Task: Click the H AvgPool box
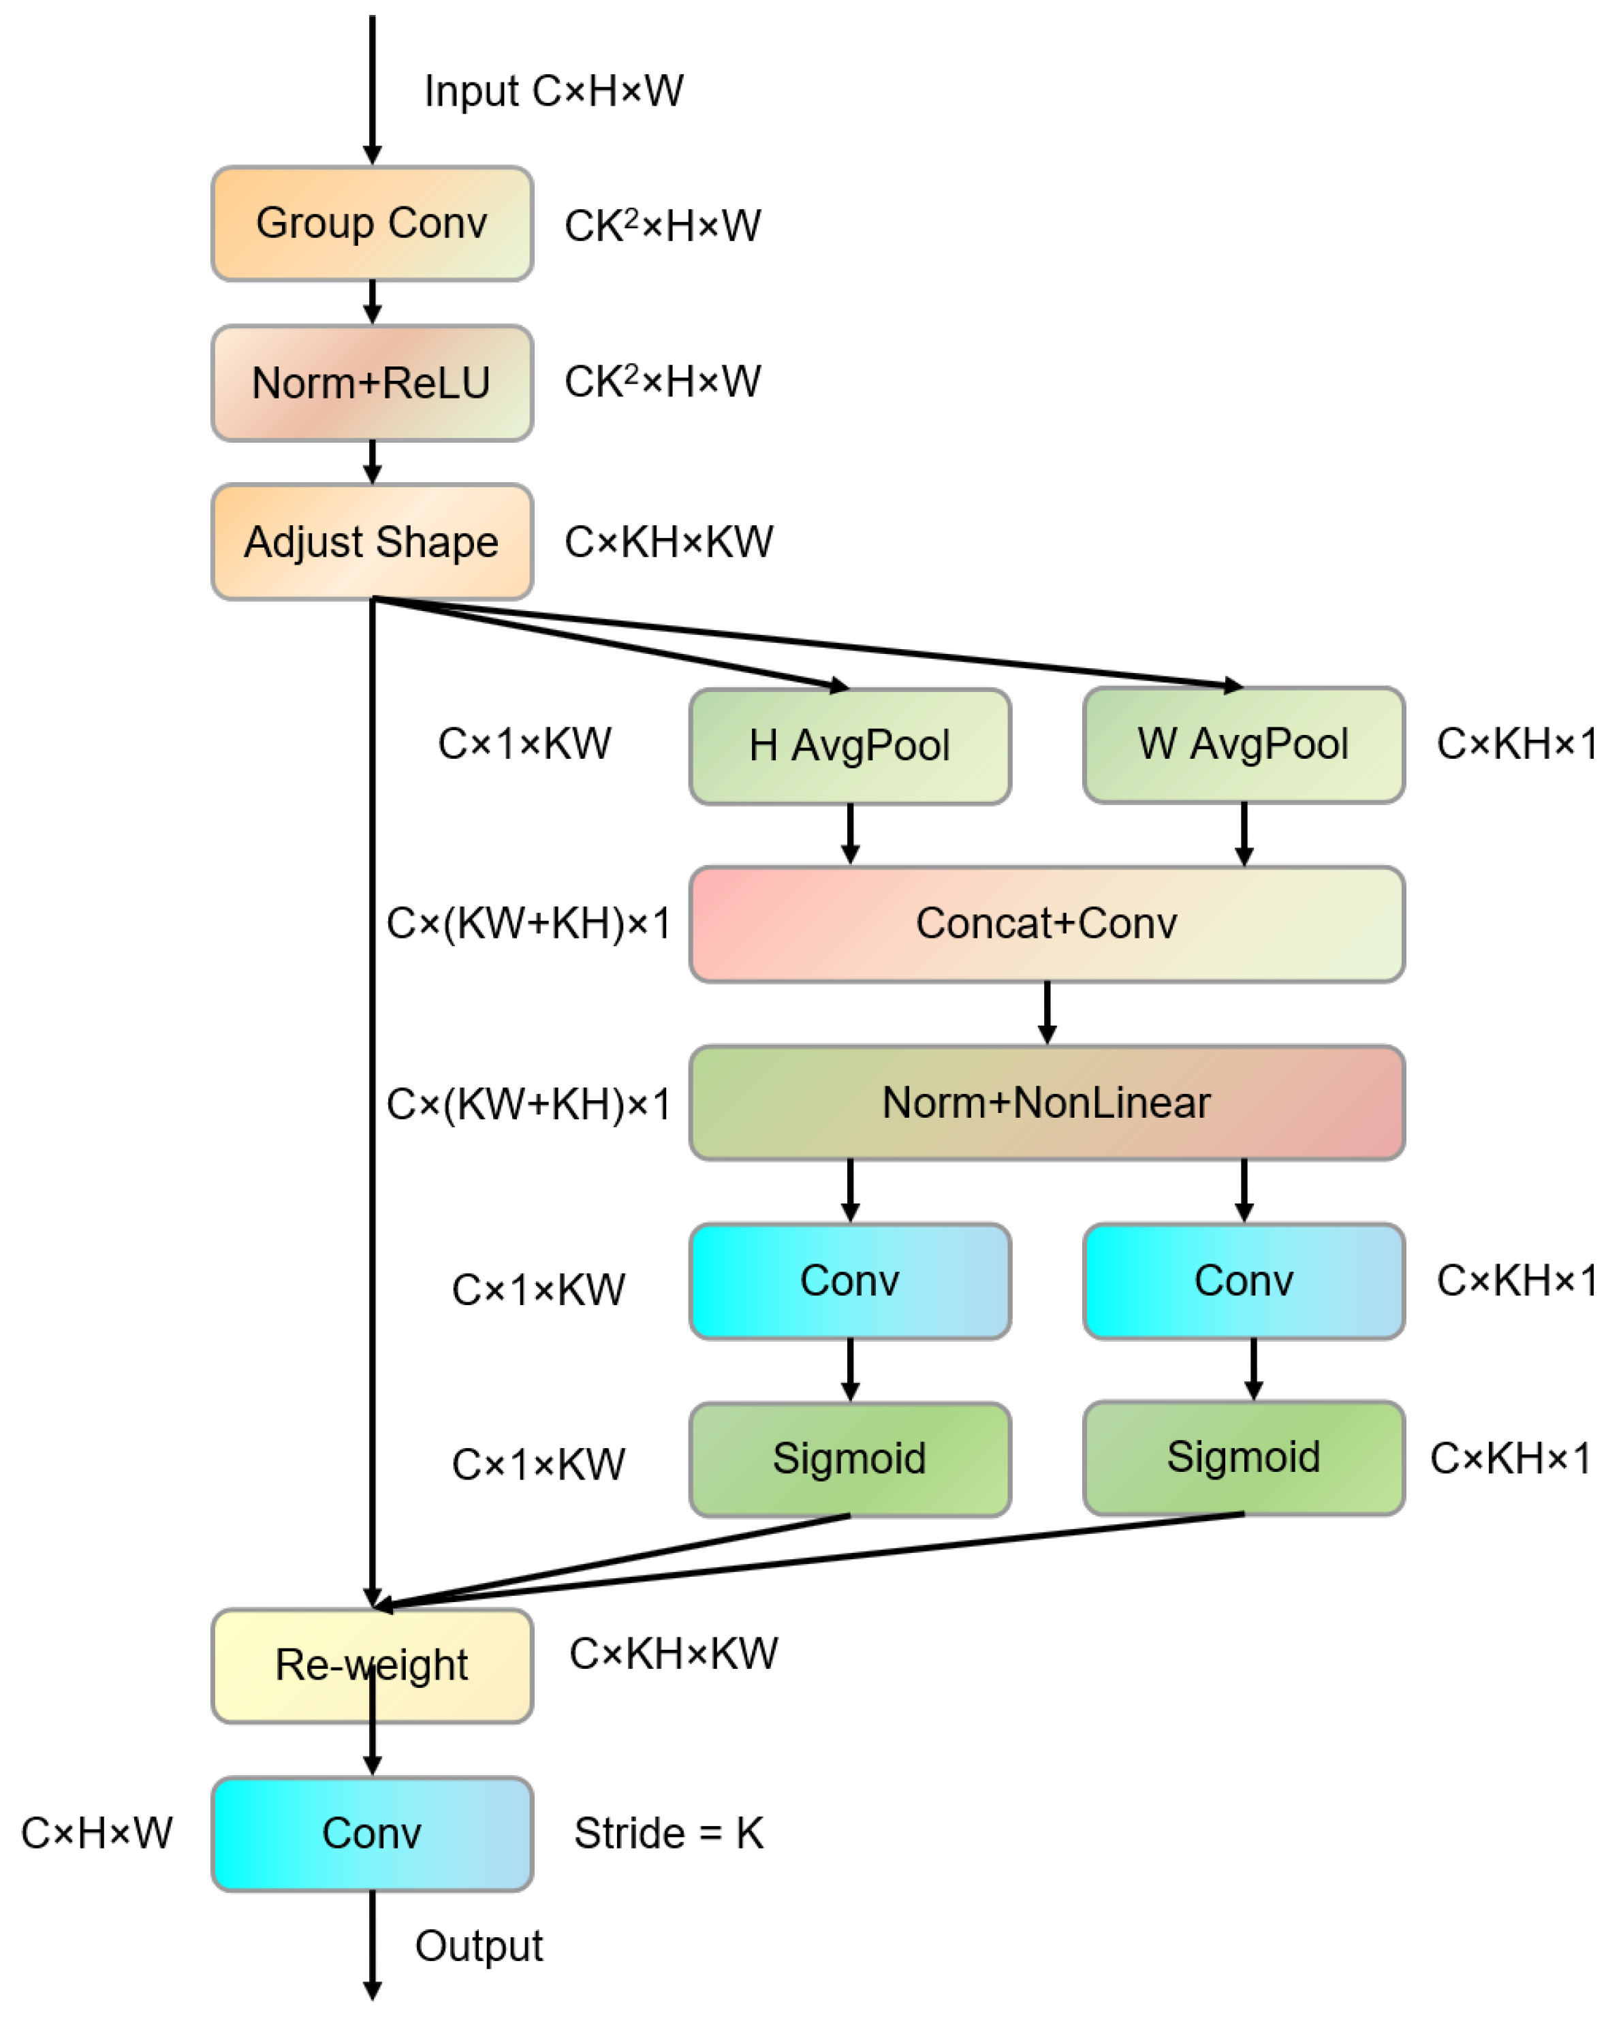coord(849,746)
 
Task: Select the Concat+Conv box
coord(1046,924)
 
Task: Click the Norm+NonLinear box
coord(1046,1103)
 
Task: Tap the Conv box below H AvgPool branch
coord(849,1281)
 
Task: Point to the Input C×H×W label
coord(554,92)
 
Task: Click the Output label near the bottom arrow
coord(479,1946)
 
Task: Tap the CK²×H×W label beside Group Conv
coord(662,225)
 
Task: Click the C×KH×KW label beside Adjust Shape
coord(669,542)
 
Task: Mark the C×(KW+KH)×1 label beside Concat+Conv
coord(529,924)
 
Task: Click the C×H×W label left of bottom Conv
coord(97,1832)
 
